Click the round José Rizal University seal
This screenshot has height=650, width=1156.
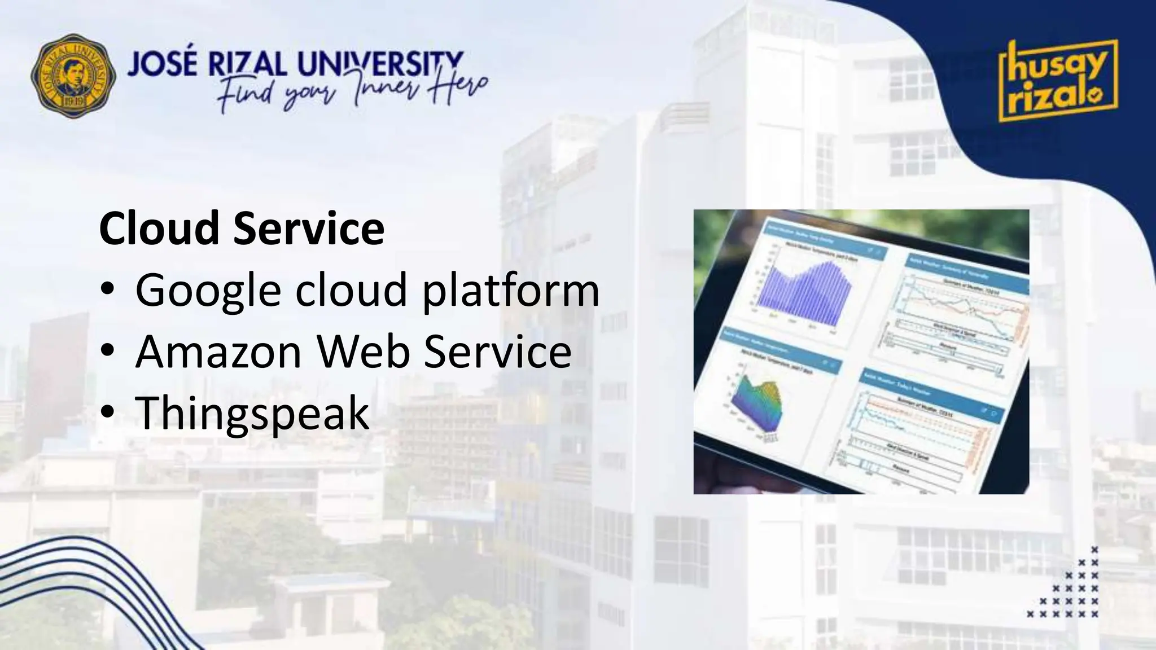tap(73, 75)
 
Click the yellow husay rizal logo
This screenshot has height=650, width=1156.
tap(1057, 81)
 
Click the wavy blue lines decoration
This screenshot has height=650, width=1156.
tap(68, 587)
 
